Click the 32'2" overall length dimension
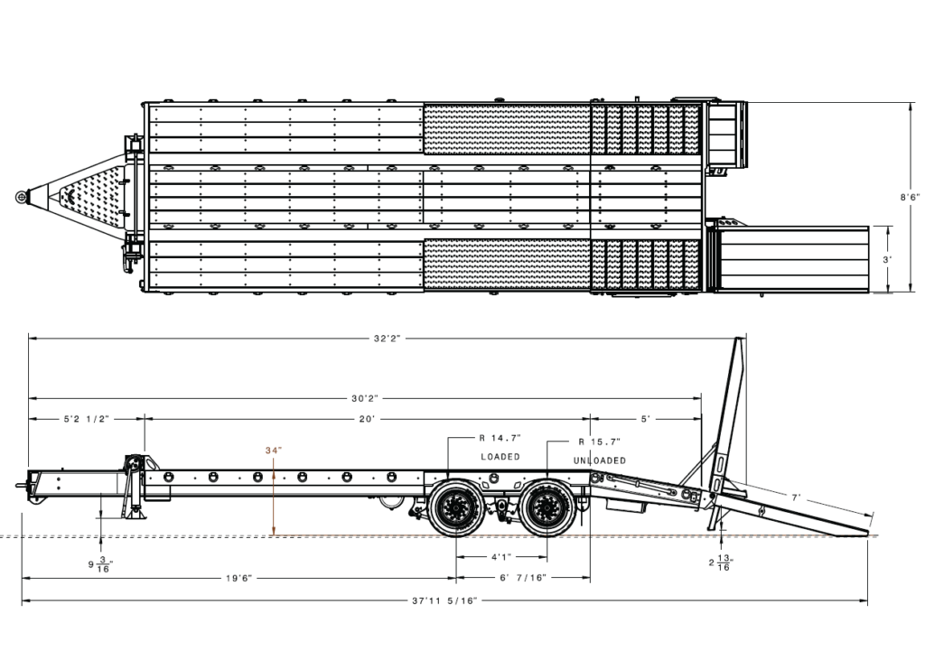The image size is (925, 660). (387, 339)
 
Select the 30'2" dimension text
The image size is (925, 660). (365, 399)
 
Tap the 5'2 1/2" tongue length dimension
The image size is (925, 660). (87, 419)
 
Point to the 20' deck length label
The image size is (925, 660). (367, 419)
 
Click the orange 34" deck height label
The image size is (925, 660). (274, 450)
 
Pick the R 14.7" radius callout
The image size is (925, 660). (500, 438)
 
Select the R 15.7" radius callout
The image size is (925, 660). (600, 442)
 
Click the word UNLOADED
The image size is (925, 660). (600, 460)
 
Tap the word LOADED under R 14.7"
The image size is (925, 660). (500, 457)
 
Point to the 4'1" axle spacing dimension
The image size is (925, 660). (500, 557)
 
